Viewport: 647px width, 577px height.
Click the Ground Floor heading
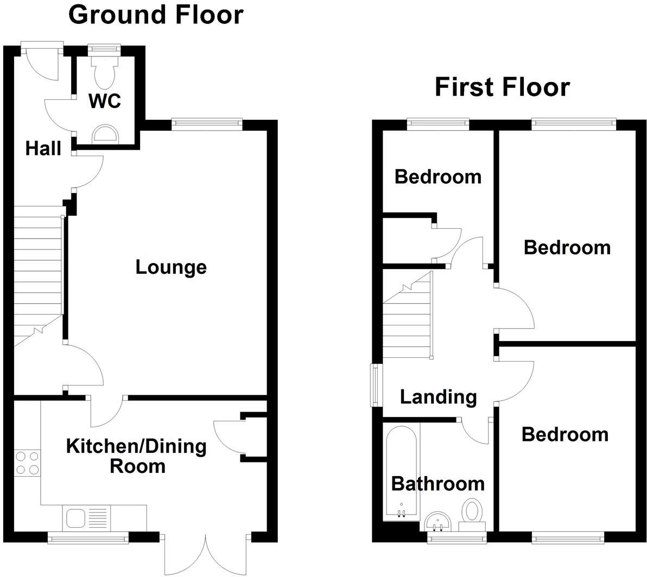156,15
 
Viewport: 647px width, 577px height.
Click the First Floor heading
502,87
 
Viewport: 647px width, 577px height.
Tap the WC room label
105,101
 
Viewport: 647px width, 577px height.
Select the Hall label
43,148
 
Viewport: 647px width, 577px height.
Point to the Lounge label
171,267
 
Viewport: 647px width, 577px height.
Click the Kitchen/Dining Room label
136,456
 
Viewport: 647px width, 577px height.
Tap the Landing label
438,397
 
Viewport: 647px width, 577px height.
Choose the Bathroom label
437,483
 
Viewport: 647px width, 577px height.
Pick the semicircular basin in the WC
105,133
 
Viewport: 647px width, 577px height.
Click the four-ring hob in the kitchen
27,463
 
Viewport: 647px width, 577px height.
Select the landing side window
375,384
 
